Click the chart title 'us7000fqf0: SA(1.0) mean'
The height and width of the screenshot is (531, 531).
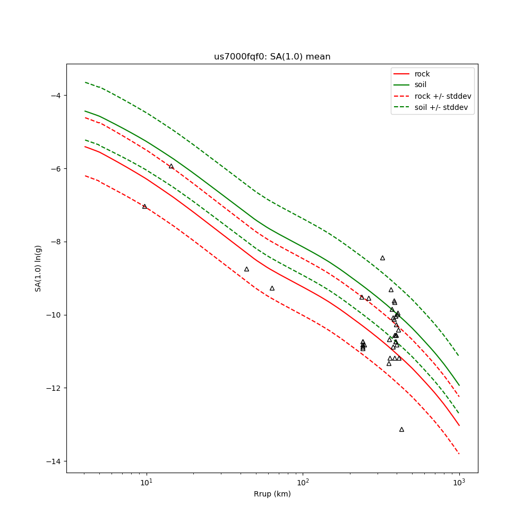tap(272, 57)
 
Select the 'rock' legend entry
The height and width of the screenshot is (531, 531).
tap(422, 74)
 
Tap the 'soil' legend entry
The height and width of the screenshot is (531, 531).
tap(421, 85)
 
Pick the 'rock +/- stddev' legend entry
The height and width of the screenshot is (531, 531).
tap(443, 96)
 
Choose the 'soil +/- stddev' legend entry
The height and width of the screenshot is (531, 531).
tap(443, 107)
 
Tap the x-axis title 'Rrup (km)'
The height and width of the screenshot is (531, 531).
tap(272, 494)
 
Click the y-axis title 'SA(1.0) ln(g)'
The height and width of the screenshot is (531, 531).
tap(38, 268)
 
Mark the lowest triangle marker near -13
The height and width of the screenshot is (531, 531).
tap(401, 429)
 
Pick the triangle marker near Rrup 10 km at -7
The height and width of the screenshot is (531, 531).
tap(144, 206)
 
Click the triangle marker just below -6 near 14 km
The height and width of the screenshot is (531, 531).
tap(171, 166)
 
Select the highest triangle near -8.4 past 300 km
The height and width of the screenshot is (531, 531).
tap(382, 258)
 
